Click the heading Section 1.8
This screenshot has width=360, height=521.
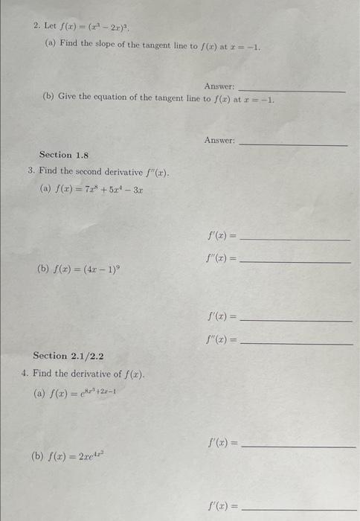click(64, 155)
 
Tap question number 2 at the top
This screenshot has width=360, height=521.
click(36, 25)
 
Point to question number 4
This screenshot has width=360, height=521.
click(25, 373)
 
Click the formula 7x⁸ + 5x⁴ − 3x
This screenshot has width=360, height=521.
click(101, 189)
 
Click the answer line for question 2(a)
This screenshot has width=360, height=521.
click(292, 91)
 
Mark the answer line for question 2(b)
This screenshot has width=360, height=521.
click(294, 144)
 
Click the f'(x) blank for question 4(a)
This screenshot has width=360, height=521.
click(299, 447)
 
